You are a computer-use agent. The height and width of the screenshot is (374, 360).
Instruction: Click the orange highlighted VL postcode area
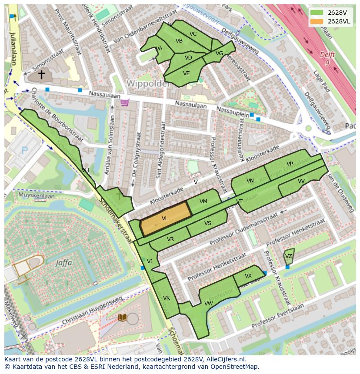coord(165,219)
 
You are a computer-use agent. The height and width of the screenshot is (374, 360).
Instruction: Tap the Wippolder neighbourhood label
coord(148,83)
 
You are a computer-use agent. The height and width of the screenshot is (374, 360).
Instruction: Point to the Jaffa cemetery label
coord(64,262)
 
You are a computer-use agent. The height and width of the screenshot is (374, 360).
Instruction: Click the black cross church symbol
coord(41,75)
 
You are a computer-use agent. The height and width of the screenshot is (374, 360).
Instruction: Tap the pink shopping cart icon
coord(125,103)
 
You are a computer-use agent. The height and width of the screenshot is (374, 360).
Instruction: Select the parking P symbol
coord(24,151)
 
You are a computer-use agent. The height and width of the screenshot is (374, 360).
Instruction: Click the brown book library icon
coord(123,318)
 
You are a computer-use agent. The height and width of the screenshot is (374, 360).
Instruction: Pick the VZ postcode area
coord(289,256)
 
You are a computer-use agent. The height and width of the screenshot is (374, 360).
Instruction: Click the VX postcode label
coord(248,276)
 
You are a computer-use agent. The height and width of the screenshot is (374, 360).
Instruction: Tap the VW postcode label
coord(209,303)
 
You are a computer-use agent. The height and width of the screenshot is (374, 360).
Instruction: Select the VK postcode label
coord(166,298)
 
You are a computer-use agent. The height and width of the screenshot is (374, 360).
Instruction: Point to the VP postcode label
coord(290,164)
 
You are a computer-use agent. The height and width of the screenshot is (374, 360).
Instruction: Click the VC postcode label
coord(193,34)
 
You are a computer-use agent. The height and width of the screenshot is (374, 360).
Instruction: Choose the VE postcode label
coord(186,73)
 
